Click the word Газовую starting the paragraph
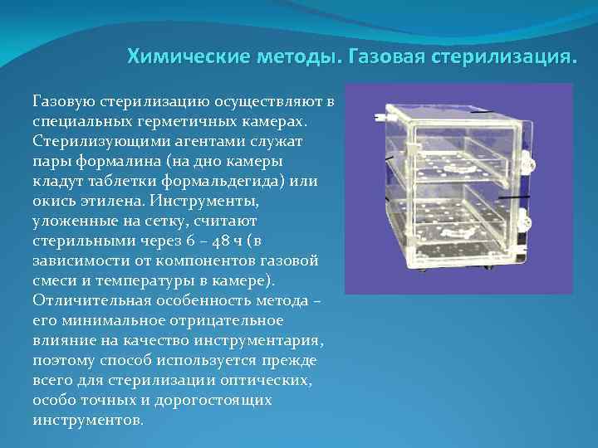(x=63, y=101)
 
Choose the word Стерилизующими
(x=91, y=141)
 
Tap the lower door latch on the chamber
(x=525, y=222)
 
